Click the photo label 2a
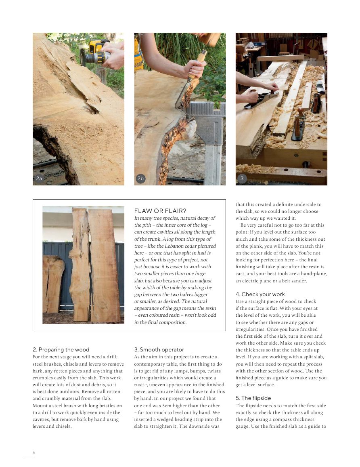(x=39, y=178)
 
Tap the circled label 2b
(x=140, y=178)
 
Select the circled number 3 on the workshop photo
(x=242, y=178)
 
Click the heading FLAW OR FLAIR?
(x=160, y=211)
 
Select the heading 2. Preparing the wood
(x=61, y=349)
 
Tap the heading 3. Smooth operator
(x=159, y=349)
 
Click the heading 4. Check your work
(x=260, y=294)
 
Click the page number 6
(x=34, y=452)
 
